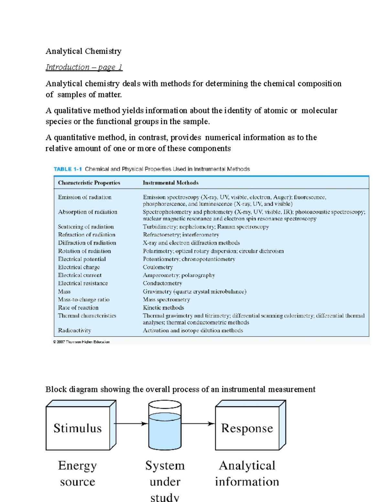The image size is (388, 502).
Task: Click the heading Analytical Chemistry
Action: click(x=83, y=51)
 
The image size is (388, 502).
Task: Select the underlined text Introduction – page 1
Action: click(x=84, y=67)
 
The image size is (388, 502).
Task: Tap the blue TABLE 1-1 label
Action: click(x=68, y=169)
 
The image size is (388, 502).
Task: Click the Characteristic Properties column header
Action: click(x=89, y=183)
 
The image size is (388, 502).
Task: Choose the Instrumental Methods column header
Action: click(x=170, y=183)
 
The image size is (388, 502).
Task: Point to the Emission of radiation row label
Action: click(x=85, y=197)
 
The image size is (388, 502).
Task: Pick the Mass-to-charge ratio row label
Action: click(x=84, y=300)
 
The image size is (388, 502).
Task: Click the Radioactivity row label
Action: click(x=74, y=330)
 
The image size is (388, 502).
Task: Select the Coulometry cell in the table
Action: click(x=158, y=267)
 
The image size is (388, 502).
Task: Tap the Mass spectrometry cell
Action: click(x=166, y=300)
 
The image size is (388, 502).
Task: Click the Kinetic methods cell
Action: click(x=163, y=308)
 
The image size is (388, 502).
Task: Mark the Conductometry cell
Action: click(x=162, y=283)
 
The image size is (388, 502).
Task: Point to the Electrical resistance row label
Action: click(x=83, y=283)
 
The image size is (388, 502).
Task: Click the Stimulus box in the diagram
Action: click(x=78, y=428)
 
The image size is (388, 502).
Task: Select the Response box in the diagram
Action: click(x=247, y=428)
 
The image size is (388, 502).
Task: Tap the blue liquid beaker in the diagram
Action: click(x=165, y=430)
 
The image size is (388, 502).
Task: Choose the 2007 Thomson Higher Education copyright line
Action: click(x=81, y=342)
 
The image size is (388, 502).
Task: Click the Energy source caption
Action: click(x=78, y=473)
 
